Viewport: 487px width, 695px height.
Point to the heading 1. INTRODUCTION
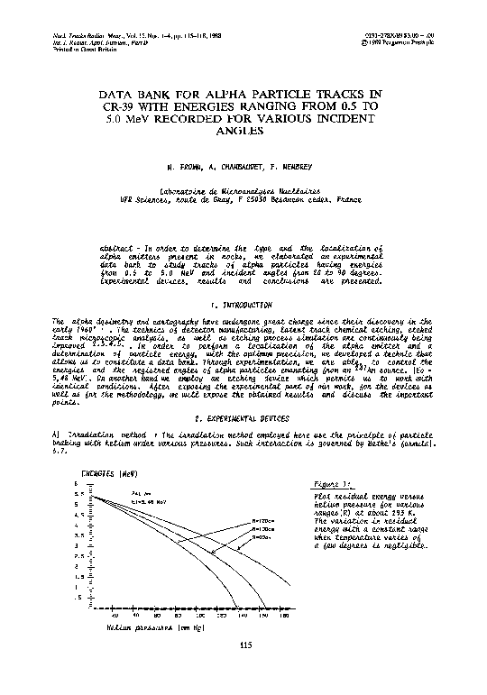pos(243,306)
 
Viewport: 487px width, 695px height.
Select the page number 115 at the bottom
pos(243,644)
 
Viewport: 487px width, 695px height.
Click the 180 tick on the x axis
pos(284,615)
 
